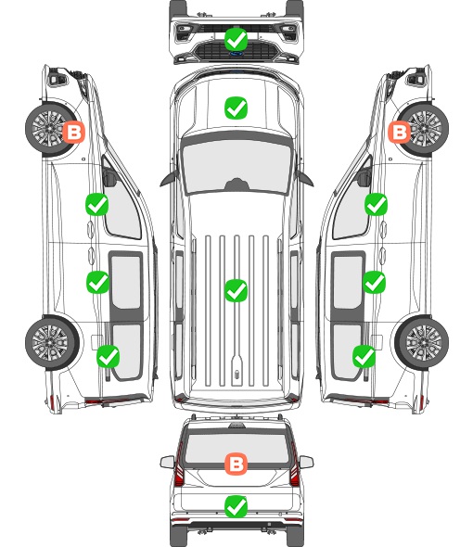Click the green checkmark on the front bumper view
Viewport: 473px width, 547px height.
coord(236,39)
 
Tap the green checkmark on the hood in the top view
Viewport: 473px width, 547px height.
coord(236,108)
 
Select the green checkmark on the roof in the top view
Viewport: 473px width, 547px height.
coord(236,290)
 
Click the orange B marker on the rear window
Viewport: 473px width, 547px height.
coord(236,464)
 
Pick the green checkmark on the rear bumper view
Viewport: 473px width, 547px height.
coord(236,506)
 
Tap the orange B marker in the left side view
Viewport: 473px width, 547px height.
coord(73,132)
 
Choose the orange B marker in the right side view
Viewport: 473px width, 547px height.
coord(400,132)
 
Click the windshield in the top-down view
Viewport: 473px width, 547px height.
coord(236,166)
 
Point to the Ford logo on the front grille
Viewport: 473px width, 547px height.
coord(236,54)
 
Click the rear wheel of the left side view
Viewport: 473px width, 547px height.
coord(52,343)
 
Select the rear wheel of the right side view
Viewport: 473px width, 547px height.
coord(421,343)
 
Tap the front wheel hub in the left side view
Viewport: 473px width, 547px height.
coord(49,128)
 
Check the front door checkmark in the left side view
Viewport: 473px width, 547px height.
coord(97,204)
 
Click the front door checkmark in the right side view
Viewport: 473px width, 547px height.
coord(376,204)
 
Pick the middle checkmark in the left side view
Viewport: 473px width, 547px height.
coord(97,282)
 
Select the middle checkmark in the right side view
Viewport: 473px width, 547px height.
coord(374,282)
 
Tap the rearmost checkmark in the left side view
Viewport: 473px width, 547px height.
coord(109,356)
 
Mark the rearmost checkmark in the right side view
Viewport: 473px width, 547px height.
coord(364,356)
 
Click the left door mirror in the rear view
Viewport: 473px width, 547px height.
coord(167,462)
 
